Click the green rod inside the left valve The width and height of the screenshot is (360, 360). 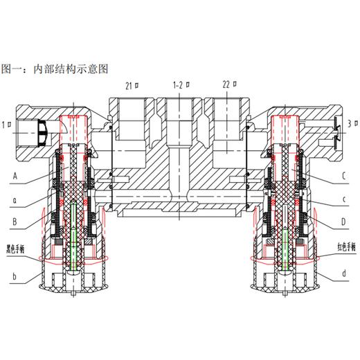point(73,235)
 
